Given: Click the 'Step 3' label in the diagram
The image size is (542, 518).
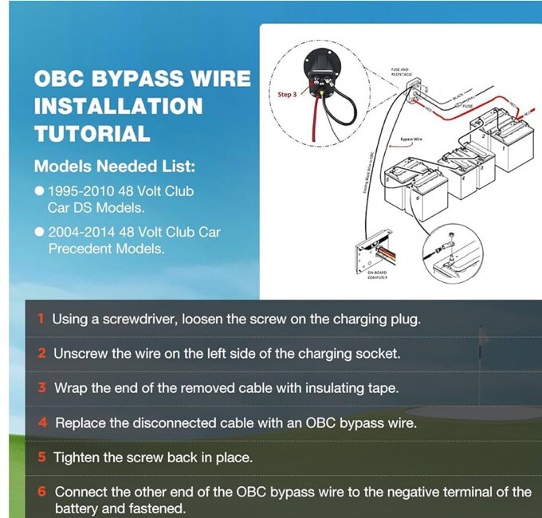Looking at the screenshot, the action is click(x=286, y=95).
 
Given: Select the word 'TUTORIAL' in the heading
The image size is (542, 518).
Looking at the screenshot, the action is click(x=92, y=133).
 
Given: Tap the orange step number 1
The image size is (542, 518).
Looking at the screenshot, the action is click(x=41, y=319).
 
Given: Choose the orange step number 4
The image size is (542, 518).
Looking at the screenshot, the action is click(x=42, y=423).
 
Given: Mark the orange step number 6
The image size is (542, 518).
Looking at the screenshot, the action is click(x=42, y=492).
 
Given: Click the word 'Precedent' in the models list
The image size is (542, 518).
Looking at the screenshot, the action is click(x=83, y=249).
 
